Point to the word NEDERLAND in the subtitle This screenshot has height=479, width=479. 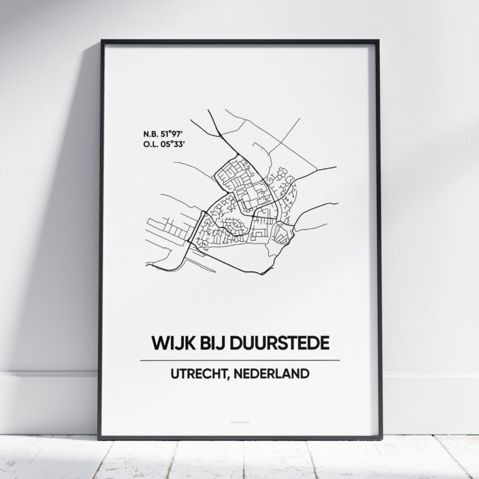click(274, 375)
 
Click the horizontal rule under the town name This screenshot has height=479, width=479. click(239, 360)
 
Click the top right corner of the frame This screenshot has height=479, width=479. click(378, 42)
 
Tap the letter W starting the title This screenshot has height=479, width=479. click(158, 343)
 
